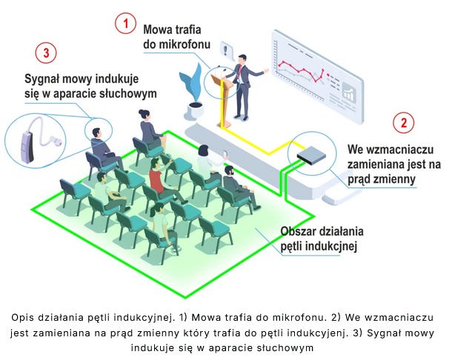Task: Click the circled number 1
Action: tap(125, 24)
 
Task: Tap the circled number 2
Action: tap(403, 123)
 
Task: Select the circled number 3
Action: tap(46, 53)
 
